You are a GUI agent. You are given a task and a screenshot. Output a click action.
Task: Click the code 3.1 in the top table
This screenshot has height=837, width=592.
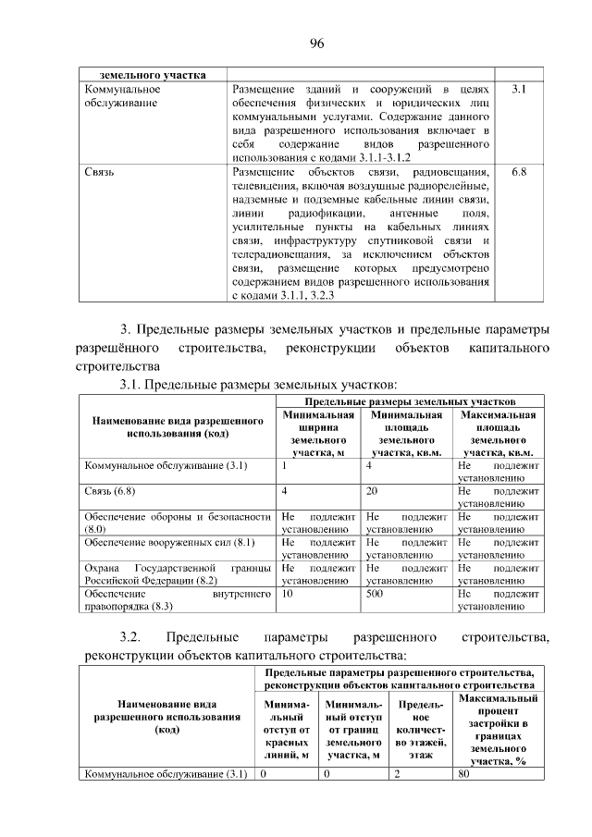(x=518, y=90)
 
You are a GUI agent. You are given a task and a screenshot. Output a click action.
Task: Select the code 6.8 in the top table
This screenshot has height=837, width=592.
(x=518, y=173)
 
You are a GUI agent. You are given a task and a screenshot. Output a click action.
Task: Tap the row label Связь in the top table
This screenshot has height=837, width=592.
(x=99, y=173)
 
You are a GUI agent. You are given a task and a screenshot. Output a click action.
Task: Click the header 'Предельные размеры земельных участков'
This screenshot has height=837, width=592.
(x=410, y=401)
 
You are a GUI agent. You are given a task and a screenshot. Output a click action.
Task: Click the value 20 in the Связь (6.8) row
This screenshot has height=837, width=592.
(x=372, y=490)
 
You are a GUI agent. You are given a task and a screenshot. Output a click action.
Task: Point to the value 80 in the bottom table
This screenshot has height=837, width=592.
(x=464, y=775)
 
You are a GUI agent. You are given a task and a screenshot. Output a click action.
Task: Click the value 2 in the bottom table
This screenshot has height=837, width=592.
(x=396, y=775)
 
